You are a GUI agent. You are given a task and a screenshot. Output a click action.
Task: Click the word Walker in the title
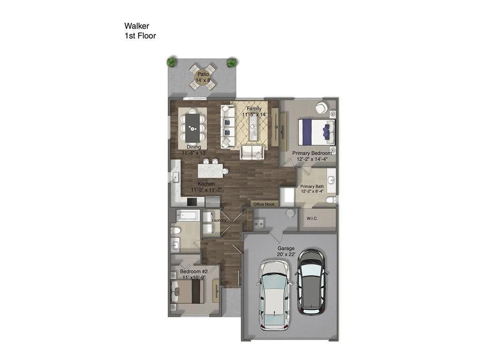coord(136,26)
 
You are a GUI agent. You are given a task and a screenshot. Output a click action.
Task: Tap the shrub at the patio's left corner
coord(172,61)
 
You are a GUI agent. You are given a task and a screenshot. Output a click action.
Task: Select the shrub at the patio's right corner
coord(232,62)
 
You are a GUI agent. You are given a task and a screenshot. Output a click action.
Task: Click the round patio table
coord(203,76)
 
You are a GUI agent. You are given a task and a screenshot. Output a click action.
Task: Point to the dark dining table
coord(192,127)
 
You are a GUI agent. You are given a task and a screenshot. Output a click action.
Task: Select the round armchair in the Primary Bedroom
coord(322,108)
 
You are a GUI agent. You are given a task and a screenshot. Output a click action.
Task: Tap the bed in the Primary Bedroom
coord(317,132)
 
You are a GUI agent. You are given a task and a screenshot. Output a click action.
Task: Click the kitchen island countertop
coord(210,170)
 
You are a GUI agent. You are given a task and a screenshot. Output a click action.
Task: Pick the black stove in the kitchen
coord(192,202)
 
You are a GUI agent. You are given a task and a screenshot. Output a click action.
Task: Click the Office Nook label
coord(264,204)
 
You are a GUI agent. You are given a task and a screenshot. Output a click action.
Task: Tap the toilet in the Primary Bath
coord(332,200)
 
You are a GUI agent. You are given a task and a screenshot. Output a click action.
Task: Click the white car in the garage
coord(275,294)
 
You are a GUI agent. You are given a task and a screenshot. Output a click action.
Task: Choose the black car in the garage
coord(310,281)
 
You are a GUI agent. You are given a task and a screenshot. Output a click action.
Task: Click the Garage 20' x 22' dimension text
coord(285,251)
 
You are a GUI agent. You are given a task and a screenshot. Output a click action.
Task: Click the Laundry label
coord(219,220)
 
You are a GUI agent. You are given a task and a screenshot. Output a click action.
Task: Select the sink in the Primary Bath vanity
coord(331,180)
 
